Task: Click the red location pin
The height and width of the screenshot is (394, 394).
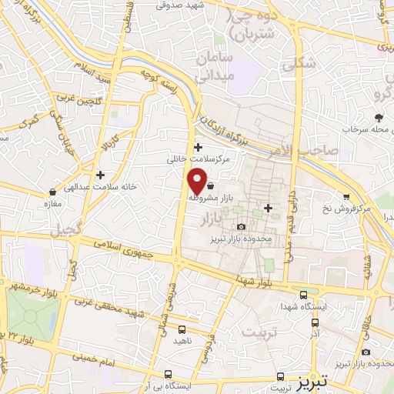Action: coord(198,182)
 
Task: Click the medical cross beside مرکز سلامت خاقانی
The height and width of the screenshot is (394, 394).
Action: coord(199,147)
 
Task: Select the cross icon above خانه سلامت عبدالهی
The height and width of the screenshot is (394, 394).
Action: coord(99,175)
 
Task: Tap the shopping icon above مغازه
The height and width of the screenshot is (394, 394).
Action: coord(52,191)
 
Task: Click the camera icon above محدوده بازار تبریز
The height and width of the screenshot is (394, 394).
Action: coord(242,226)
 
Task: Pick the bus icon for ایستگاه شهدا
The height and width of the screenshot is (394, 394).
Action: coord(303,294)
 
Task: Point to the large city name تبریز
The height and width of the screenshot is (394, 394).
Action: coord(312,380)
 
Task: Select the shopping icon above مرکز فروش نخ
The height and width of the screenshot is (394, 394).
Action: coord(347,196)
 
